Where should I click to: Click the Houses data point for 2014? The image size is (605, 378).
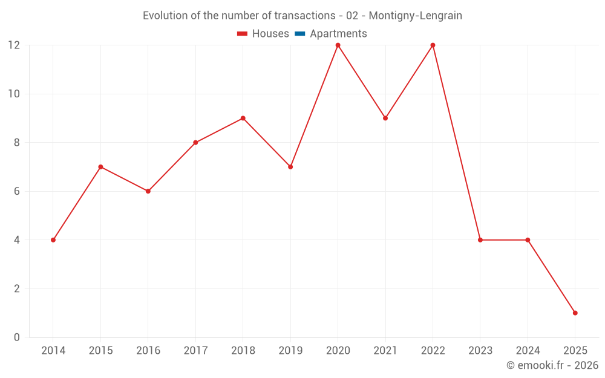click(x=53, y=240)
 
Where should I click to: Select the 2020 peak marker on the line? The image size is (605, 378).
click(x=338, y=45)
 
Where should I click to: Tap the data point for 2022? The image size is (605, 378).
click(x=433, y=45)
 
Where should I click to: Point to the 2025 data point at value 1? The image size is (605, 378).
click(x=575, y=313)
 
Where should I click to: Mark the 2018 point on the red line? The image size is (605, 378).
click(x=243, y=118)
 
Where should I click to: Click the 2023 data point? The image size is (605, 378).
click(x=480, y=240)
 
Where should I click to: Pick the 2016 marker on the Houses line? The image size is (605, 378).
click(x=148, y=191)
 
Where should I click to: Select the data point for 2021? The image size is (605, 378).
click(x=385, y=118)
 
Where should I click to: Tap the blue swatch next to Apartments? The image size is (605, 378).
click(x=299, y=34)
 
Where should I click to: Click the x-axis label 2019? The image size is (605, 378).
click(x=290, y=351)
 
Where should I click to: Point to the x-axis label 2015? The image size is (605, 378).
click(x=100, y=351)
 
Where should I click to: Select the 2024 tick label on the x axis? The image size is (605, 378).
click(x=528, y=351)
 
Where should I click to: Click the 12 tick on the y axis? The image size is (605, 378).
click(x=14, y=45)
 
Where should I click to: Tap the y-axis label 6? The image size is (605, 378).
click(x=17, y=191)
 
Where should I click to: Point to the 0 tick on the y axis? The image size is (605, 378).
click(x=17, y=337)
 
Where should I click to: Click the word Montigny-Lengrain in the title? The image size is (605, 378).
click(x=415, y=16)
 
